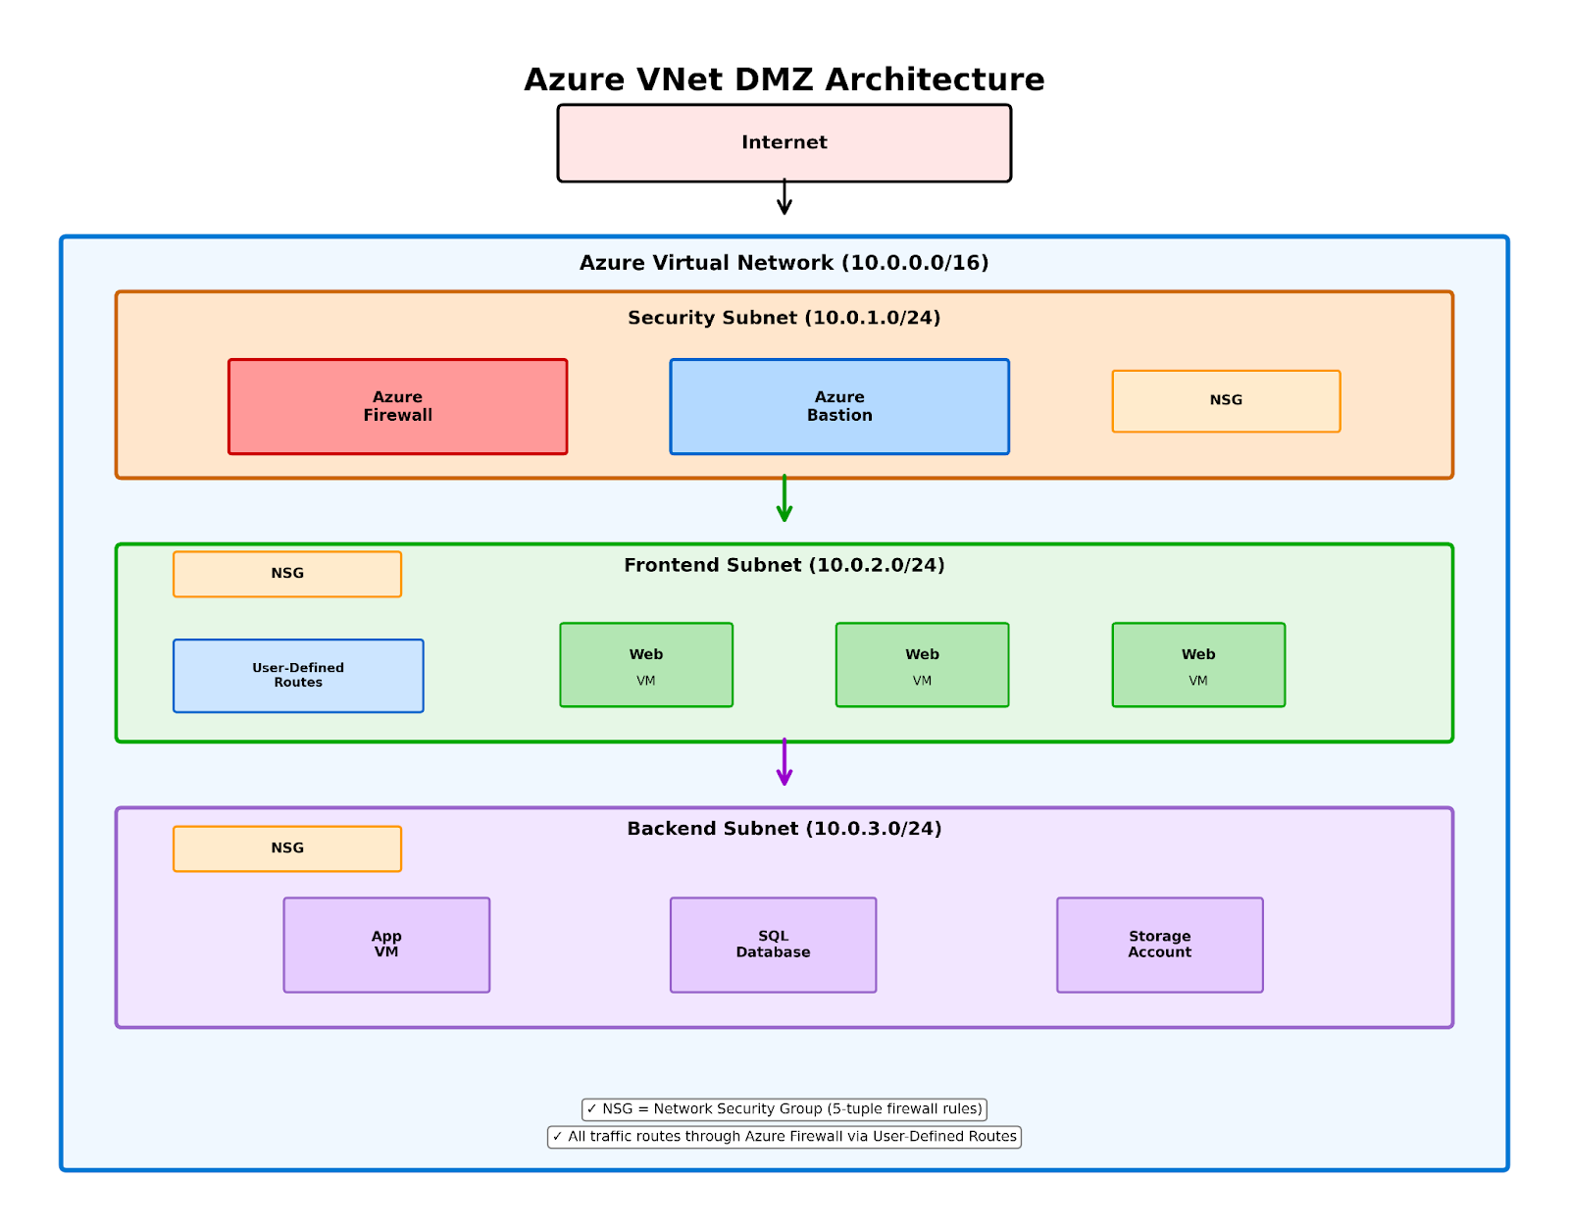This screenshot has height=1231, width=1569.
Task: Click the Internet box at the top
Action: pyautogui.click(x=784, y=143)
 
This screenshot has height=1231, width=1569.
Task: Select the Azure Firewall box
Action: pyautogui.click(x=397, y=406)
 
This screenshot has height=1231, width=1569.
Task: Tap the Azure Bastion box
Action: pyautogui.click(x=839, y=406)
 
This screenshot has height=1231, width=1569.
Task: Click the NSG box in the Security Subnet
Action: pyautogui.click(x=1226, y=400)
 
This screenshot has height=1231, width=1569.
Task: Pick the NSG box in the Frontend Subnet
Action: pyautogui.click(x=286, y=574)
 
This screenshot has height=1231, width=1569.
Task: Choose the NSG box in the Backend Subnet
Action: pyautogui.click(x=286, y=848)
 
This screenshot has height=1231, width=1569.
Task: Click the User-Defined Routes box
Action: pyautogui.click(x=298, y=676)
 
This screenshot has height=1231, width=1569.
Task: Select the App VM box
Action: pyautogui.click(x=386, y=945)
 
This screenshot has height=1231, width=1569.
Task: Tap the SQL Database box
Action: pyautogui.click(x=773, y=945)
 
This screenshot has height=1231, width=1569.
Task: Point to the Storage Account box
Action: pyautogui.click(x=1159, y=945)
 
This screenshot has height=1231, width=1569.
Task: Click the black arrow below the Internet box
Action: pyautogui.click(x=784, y=197)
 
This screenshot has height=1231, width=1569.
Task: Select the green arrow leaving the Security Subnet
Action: pyautogui.click(x=784, y=499)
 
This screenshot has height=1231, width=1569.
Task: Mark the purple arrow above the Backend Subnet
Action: pyautogui.click(x=784, y=763)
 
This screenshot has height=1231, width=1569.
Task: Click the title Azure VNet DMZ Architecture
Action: pyautogui.click(x=784, y=79)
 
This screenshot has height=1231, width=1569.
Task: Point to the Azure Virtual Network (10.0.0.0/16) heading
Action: pyautogui.click(x=784, y=263)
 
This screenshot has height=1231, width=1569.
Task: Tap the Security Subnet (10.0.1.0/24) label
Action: pyautogui.click(x=784, y=318)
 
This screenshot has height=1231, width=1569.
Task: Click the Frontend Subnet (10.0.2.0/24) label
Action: pyautogui.click(x=784, y=565)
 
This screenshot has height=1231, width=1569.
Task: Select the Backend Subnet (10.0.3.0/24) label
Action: pyautogui.click(x=784, y=829)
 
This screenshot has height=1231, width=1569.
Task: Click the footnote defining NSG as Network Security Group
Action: pyautogui.click(x=784, y=1109)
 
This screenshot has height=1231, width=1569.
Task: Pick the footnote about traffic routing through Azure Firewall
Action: pyautogui.click(x=784, y=1137)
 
